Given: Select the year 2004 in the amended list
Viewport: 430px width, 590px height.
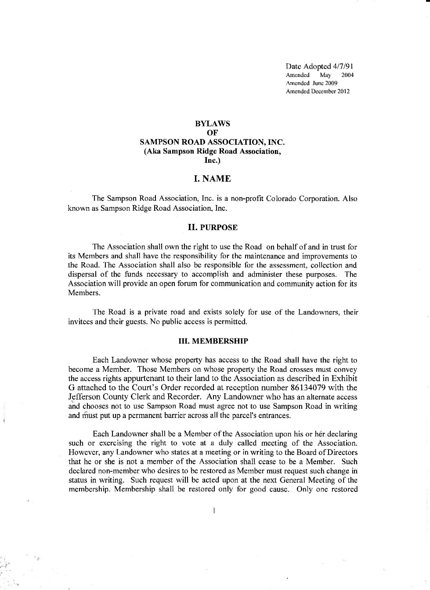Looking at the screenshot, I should [347, 75].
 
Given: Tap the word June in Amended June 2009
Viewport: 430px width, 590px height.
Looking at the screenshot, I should [317, 83].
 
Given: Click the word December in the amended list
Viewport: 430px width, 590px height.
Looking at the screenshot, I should [324, 92].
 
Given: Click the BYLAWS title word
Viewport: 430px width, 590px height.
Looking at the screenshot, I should [212, 124].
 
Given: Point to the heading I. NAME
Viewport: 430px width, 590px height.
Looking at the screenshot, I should [212, 179].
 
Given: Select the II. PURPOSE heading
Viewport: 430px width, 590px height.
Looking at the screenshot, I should [212, 227].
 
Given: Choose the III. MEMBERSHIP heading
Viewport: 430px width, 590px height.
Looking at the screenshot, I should [213, 341].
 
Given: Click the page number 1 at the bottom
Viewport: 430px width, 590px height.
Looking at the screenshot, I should [213, 511].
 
